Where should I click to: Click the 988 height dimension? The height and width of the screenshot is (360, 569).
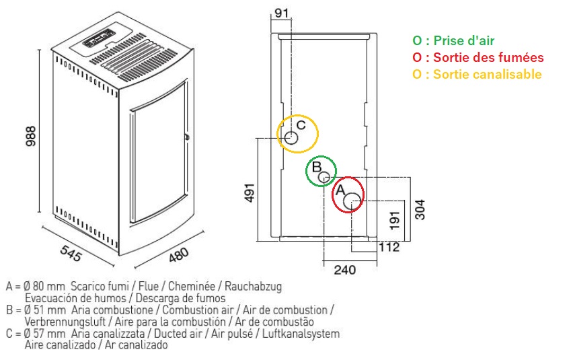click(31, 136)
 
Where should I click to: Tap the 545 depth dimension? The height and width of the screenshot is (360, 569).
click(71, 253)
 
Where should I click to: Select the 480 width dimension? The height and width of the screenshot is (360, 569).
click(178, 255)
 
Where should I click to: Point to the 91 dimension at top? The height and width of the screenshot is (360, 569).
click(281, 13)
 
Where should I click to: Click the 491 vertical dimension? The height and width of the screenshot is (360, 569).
click(250, 192)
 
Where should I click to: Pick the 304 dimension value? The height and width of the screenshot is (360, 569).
click(420, 209)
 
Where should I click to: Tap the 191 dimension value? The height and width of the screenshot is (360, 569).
click(394, 220)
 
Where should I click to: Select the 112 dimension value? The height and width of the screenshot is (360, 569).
click(389, 248)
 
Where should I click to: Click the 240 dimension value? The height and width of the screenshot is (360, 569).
click(345, 270)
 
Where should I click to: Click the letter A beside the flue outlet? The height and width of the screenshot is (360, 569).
click(340, 190)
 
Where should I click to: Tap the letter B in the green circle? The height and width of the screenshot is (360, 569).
click(317, 167)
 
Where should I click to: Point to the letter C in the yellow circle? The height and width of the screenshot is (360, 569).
click(301, 125)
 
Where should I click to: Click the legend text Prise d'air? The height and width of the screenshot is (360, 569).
click(464, 40)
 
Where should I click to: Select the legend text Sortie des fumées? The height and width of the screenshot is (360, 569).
click(488, 57)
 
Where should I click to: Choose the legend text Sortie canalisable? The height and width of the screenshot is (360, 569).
click(488, 75)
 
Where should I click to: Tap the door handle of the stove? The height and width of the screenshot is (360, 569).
click(186, 137)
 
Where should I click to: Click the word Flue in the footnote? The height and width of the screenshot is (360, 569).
click(149, 287)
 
